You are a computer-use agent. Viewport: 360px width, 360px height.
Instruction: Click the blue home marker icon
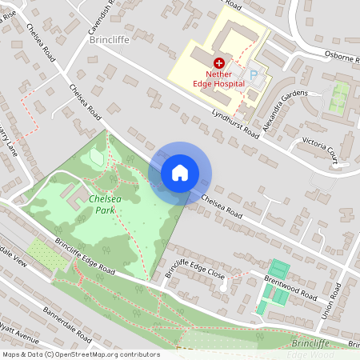click(180, 172)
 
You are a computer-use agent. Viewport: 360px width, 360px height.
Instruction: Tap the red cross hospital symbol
click(218, 62)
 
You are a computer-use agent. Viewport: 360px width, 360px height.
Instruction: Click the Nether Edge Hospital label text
click(217, 78)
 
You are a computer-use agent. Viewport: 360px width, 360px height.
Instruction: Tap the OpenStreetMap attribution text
click(80, 354)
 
